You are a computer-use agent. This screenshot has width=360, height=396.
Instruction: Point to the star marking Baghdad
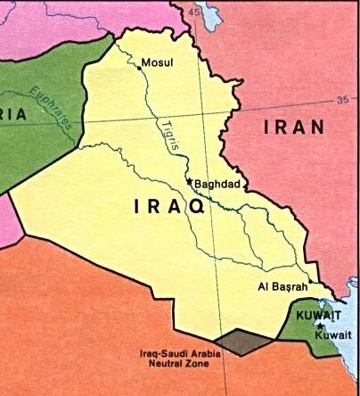pos(188,183)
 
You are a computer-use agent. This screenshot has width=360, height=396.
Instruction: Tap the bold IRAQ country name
pos(169,207)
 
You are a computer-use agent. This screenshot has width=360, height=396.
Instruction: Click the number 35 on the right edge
pos(343,99)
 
